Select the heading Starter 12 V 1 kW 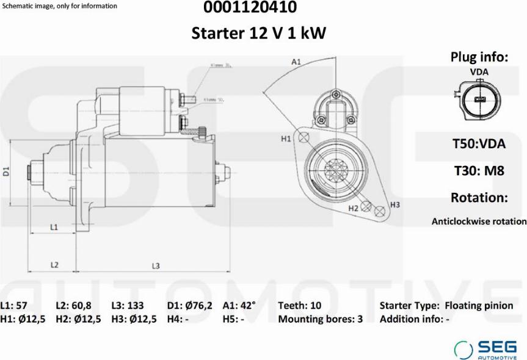259,33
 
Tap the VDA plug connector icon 477,99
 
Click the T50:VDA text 479,144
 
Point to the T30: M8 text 479,171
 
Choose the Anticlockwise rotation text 479,221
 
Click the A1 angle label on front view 297,62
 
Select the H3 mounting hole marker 380,211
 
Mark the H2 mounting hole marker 366,206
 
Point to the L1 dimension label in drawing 54,227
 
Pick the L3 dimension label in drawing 156,265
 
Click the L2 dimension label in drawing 54,265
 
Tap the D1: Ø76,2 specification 189,306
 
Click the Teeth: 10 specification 299,306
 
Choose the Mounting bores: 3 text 320,319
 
